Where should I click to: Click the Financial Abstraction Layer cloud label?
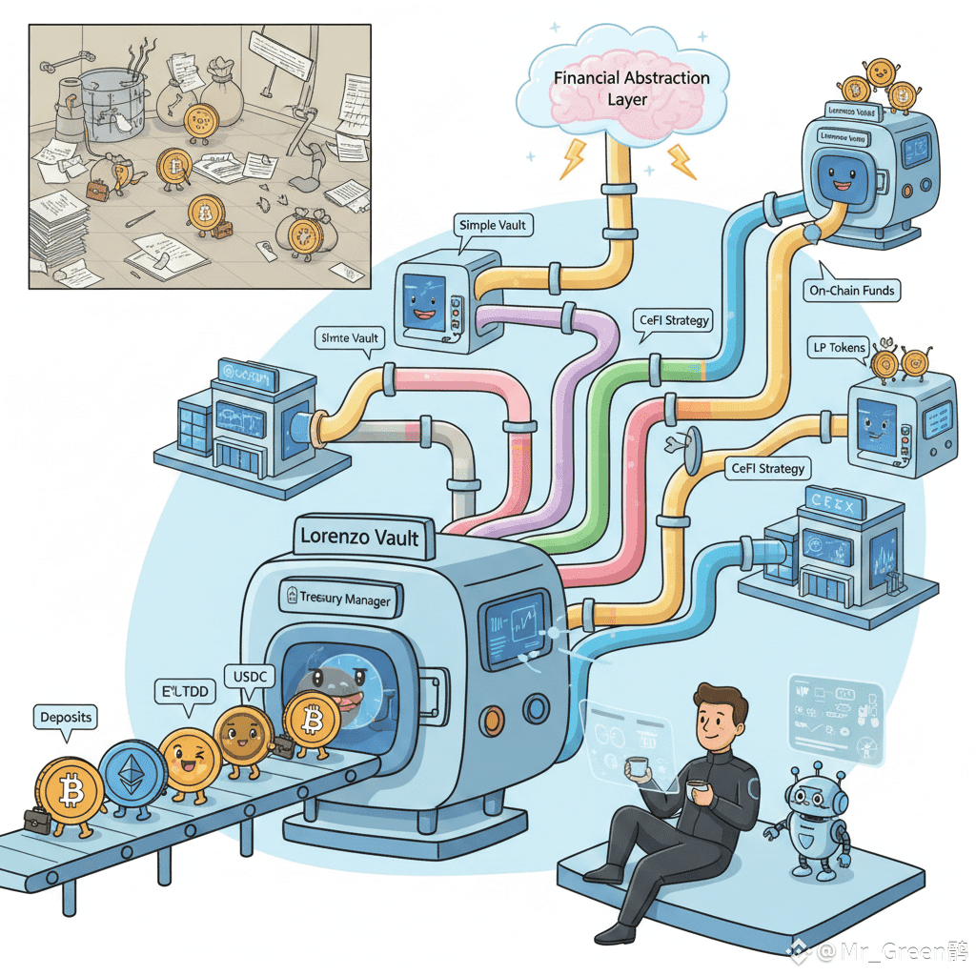[631, 88]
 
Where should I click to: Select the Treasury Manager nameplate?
[338, 599]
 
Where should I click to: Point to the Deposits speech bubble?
[67, 717]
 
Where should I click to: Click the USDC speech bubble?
[250, 678]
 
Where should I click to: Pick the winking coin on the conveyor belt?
[190, 762]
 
